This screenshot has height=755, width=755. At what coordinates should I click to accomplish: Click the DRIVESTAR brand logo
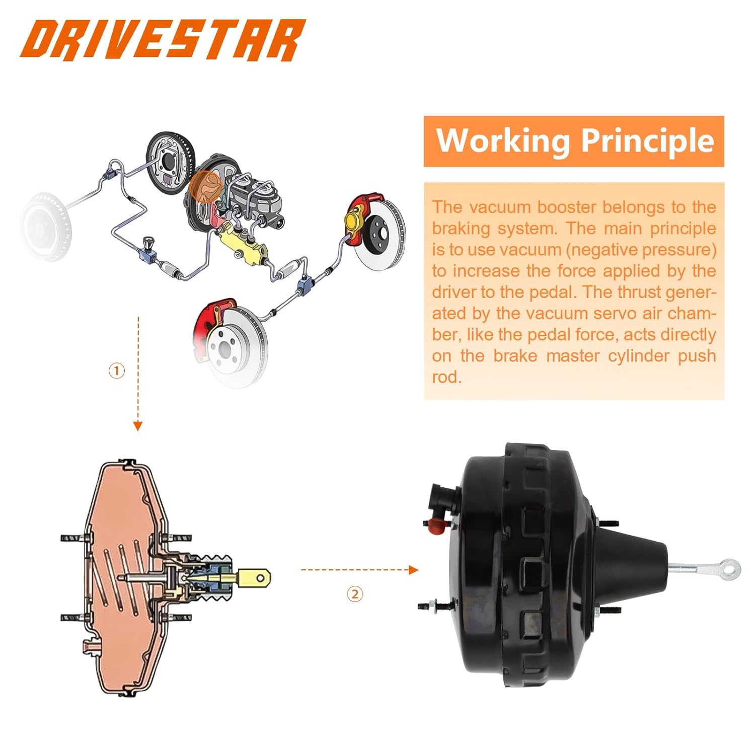pos(163,40)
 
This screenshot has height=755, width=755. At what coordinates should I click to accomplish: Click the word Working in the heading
pos(502,141)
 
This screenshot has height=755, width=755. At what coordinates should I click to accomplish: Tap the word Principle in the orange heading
pos(648,141)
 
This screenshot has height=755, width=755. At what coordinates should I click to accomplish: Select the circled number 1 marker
pos(117,371)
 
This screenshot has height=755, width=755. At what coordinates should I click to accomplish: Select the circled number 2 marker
pos(355,594)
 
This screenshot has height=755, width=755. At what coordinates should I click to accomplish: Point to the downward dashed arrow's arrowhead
pos(137,426)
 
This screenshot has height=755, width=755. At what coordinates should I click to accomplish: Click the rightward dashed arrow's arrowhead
pos(414,570)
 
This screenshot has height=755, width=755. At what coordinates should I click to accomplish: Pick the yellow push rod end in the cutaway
pos(254,577)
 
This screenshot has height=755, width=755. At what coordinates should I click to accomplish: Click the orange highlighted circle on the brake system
pos(205,186)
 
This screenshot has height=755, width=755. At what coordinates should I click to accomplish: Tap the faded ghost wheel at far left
pos(45,226)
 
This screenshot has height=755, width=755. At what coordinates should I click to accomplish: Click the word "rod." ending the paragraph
pos(446,377)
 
